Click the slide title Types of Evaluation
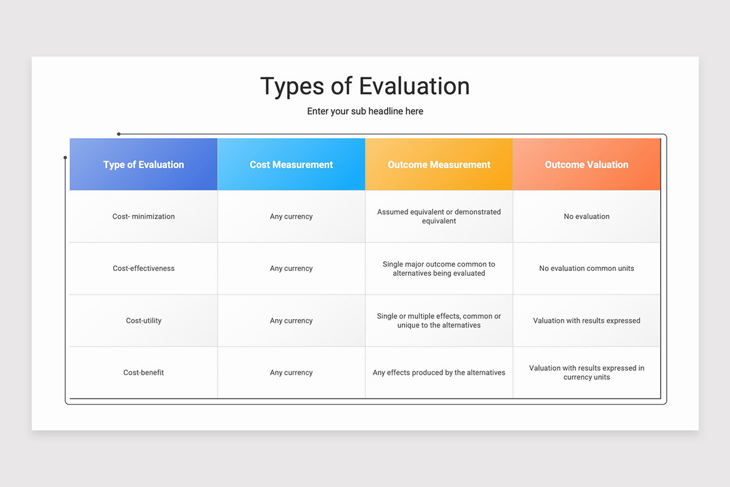click(x=365, y=86)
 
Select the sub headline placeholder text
click(x=365, y=111)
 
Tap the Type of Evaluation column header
click(x=144, y=164)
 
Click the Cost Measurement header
click(x=291, y=164)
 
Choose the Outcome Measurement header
click(x=439, y=164)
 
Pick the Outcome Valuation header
click(x=586, y=164)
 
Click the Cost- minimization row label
click(x=144, y=216)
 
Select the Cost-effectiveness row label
click(x=144, y=268)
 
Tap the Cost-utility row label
click(x=144, y=320)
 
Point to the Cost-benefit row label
click(x=144, y=372)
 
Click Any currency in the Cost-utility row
click(x=291, y=320)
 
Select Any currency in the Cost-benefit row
click(x=291, y=372)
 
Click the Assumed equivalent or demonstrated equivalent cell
click(x=439, y=216)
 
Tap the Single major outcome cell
click(x=439, y=268)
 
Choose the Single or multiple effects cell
click(x=439, y=320)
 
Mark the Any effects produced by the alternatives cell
click(x=439, y=372)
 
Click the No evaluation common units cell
click(x=586, y=268)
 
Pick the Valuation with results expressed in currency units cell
click(x=586, y=372)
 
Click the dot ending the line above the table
click(x=119, y=134)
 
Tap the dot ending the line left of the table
click(x=65, y=158)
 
